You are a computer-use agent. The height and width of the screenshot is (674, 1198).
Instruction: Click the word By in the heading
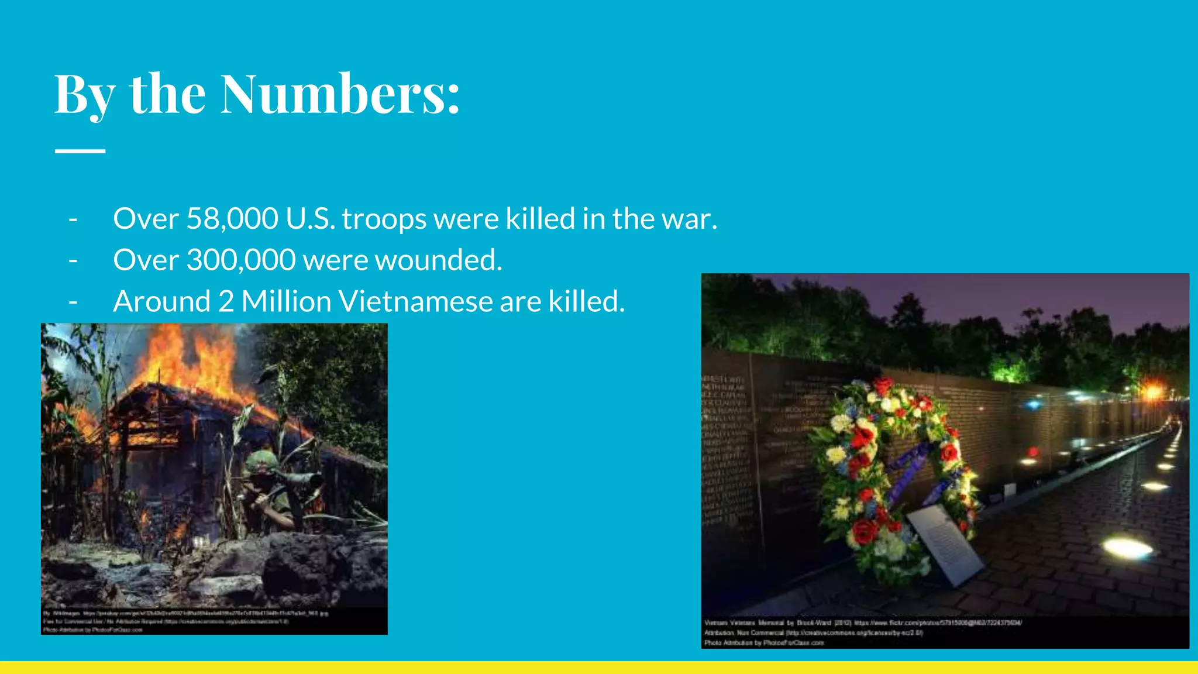click(x=84, y=94)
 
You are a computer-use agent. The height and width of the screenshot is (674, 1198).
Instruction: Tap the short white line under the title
click(x=80, y=151)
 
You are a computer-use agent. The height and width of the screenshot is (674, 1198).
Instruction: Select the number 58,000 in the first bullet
click(x=232, y=219)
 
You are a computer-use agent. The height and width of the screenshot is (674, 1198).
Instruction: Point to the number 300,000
click(x=241, y=260)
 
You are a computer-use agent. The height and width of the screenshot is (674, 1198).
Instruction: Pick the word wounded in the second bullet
click(x=438, y=260)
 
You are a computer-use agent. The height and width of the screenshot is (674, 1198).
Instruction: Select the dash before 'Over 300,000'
click(x=73, y=260)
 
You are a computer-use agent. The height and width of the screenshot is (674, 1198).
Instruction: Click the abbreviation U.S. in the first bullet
click(x=310, y=219)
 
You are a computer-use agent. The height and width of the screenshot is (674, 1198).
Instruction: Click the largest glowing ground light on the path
click(x=1127, y=548)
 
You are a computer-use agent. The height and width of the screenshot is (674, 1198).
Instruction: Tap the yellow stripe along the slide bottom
click(x=599, y=668)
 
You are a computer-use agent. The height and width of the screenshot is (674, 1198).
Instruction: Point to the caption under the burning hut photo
click(x=187, y=621)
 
